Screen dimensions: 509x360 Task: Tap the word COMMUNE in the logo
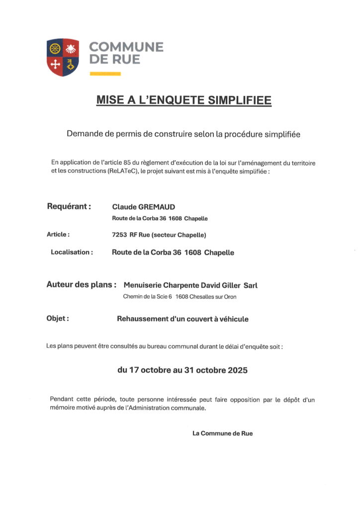(x=126, y=47)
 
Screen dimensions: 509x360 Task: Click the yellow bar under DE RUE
(x=105, y=74)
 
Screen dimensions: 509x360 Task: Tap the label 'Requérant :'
(x=69, y=206)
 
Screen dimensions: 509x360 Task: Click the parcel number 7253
(x=120, y=235)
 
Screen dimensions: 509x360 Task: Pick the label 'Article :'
(x=58, y=234)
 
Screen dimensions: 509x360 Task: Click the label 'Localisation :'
(x=72, y=252)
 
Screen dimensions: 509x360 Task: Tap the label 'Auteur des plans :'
(x=82, y=285)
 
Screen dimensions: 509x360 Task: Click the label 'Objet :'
(x=58, y=319)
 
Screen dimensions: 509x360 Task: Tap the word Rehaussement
(x=142, y=319)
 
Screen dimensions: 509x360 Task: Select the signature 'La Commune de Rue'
(x=222, y=433)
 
